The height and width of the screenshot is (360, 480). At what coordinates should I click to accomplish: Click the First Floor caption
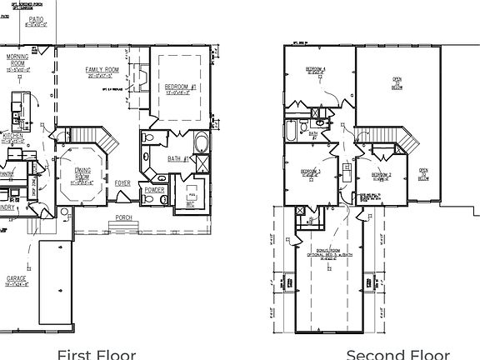(96, 353)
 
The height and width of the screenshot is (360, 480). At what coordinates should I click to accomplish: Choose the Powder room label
(155, 189)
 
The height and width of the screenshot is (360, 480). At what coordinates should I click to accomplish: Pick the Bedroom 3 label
(311, 172)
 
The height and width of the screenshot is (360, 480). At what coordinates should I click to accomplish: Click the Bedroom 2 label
(382, 174)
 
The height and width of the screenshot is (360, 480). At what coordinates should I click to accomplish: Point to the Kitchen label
(12, 135)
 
